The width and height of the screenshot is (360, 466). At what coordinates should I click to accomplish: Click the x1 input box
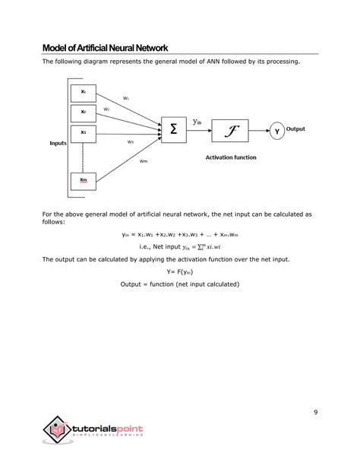84,93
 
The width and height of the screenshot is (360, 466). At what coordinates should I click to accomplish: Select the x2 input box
84,113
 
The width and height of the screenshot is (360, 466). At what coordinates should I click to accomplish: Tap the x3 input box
84,133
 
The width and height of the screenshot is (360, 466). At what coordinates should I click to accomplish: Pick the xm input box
84,180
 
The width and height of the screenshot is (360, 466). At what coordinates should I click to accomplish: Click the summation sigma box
174,130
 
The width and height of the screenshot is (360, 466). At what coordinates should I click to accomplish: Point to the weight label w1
125,98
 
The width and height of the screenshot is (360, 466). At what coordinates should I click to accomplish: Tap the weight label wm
144,160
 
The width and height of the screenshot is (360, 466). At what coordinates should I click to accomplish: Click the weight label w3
131,141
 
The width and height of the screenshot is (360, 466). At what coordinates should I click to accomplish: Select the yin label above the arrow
197,122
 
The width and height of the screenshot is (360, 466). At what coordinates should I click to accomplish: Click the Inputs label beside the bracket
58,143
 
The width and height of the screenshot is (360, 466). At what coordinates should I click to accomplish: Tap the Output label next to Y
295,129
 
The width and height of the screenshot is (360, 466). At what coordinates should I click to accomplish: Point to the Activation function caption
231,157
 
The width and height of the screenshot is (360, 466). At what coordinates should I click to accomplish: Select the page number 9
314,413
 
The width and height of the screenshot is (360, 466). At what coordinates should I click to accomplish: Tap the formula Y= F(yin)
179,271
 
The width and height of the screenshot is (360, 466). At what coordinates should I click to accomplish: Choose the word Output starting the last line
134,284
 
